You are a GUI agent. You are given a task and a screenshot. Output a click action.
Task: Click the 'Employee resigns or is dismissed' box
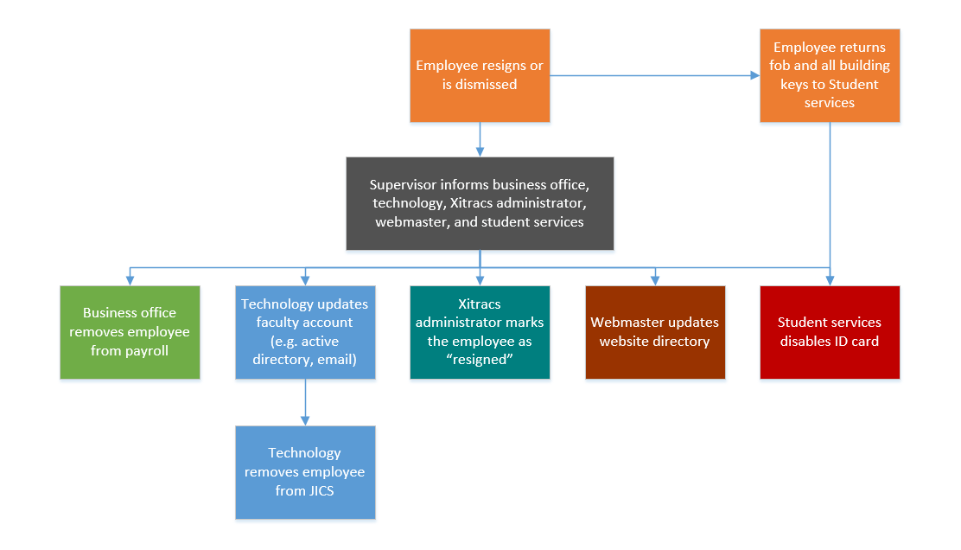coord(480,75)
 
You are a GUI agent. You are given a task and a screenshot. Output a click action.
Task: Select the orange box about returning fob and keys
coord(830,75)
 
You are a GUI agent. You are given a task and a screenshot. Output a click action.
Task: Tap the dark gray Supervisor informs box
coord(480,203)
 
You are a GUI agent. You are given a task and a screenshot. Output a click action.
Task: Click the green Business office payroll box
coord(130,332)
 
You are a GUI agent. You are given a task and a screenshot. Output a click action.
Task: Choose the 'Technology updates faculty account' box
coord(305,332)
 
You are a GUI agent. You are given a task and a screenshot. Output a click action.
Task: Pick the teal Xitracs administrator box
coord(480,332)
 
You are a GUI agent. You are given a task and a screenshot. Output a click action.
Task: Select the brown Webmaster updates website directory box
coord(655,332)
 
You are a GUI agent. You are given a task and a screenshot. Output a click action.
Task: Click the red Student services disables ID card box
coord(830,332)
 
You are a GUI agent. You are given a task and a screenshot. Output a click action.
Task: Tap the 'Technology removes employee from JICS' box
coord(305,472)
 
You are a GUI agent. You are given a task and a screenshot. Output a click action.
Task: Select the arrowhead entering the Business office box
coord(130,279)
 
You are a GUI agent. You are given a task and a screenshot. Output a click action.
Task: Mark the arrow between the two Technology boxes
coord(305,403)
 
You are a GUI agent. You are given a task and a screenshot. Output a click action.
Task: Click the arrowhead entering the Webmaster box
coord(655,279)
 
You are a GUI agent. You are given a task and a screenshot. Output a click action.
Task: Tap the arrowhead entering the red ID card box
coord(830,279)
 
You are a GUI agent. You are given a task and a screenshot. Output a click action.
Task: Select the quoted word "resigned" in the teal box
coord(480,359)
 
